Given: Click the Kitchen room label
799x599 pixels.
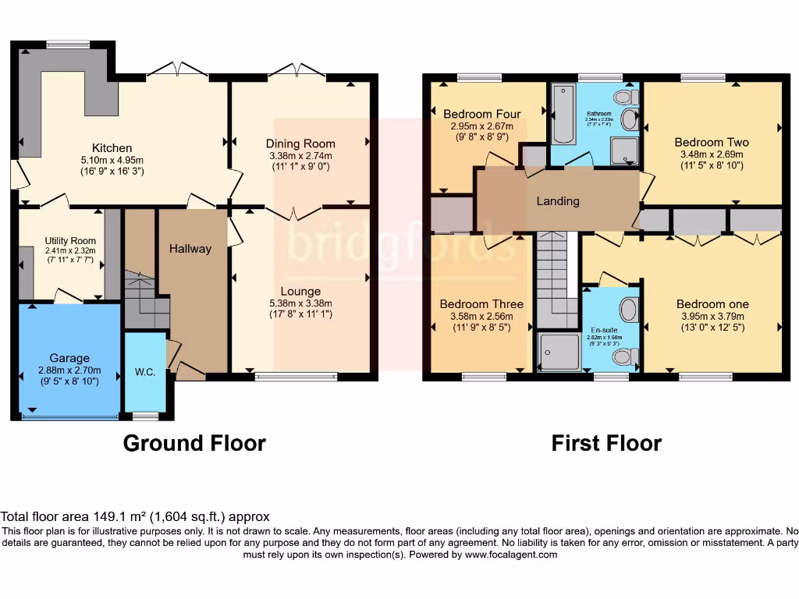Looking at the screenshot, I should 112,148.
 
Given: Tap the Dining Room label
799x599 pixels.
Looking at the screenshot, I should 300,144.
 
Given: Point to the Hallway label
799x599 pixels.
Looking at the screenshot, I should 190,249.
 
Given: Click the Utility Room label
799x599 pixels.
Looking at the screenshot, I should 70,241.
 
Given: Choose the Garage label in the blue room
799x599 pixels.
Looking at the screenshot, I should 69,358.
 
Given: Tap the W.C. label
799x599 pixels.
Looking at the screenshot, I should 145,372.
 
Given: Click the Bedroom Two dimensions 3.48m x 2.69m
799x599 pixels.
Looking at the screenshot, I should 712,154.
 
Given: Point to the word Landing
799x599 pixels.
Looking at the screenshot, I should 558,201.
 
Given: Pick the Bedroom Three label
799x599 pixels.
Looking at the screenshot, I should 481,304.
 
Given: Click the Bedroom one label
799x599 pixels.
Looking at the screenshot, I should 712,304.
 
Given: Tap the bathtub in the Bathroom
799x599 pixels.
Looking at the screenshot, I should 562,115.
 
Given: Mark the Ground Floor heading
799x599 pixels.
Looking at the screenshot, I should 194,443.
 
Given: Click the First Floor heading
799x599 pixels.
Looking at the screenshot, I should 606,443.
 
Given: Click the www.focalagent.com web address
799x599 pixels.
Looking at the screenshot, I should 512,555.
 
